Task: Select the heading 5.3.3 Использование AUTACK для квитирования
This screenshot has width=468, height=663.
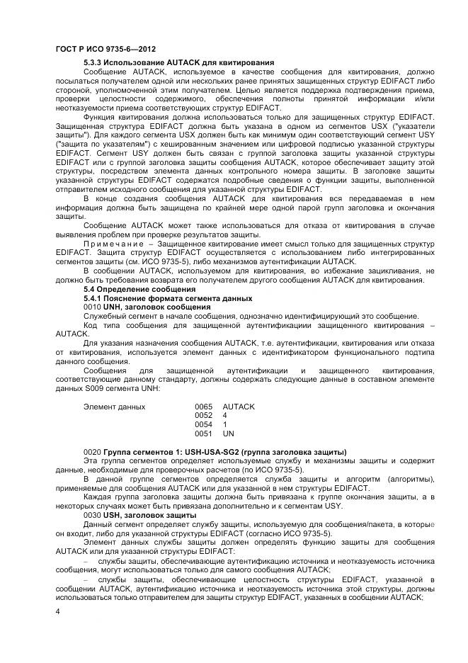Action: [178, 63]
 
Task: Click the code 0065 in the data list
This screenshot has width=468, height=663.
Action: [204, 407]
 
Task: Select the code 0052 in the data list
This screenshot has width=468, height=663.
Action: [204, 415]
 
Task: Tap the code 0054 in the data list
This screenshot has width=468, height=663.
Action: [204, 424]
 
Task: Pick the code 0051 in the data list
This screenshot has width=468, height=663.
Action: [204, 432]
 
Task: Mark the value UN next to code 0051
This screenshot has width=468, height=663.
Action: [228, 432]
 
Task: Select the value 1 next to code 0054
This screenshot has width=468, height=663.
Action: [224, 424]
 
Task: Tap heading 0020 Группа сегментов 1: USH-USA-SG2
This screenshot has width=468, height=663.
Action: [215, 452]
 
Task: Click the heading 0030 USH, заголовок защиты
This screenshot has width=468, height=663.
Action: [140, 515]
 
